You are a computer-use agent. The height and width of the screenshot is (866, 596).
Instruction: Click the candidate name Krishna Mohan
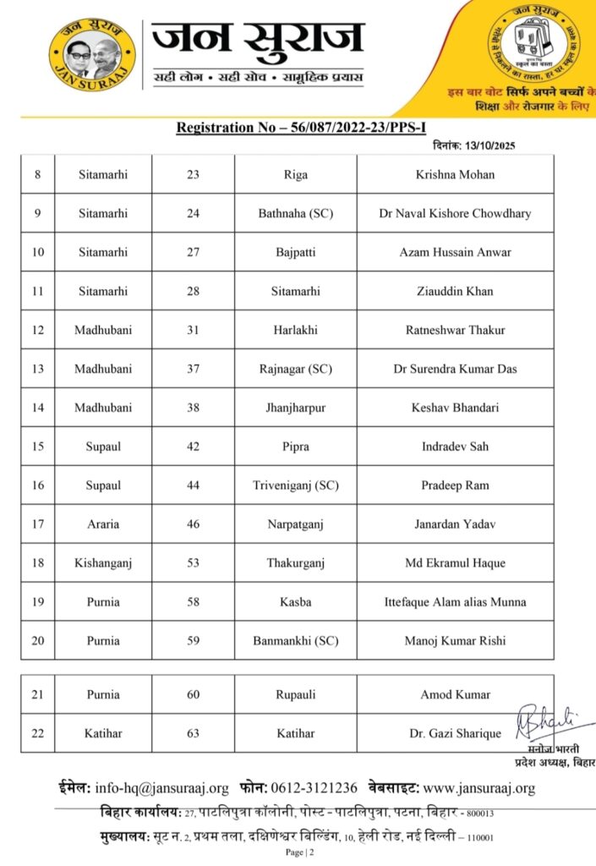455,175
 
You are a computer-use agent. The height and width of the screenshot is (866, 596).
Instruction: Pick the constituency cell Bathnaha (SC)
295,214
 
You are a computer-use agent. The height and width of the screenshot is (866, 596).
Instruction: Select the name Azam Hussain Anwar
455,252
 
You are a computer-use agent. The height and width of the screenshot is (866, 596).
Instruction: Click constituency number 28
193,291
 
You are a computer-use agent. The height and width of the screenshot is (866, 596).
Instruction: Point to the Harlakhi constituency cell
295,330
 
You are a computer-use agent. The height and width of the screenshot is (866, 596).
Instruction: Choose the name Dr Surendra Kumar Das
455,369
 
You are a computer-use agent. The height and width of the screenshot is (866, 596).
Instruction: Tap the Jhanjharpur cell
295,408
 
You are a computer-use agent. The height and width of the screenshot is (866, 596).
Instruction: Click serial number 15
37,447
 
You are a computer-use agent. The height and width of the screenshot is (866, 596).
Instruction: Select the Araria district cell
103,524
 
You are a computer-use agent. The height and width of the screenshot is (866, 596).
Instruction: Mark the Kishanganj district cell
103,563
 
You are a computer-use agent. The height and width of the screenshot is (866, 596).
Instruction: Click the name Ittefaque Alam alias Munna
455,602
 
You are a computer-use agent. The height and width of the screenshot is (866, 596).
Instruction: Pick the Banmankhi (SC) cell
295,641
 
